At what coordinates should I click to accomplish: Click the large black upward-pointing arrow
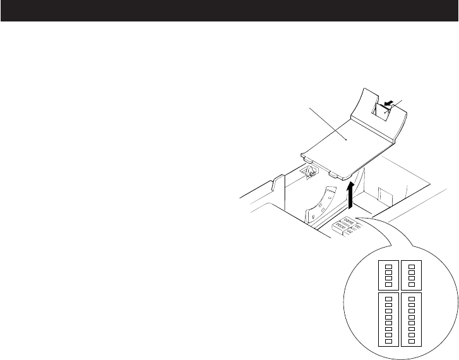[351, 191]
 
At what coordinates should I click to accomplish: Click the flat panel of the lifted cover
[341, 142]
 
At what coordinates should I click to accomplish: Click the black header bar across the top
[229, 11]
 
